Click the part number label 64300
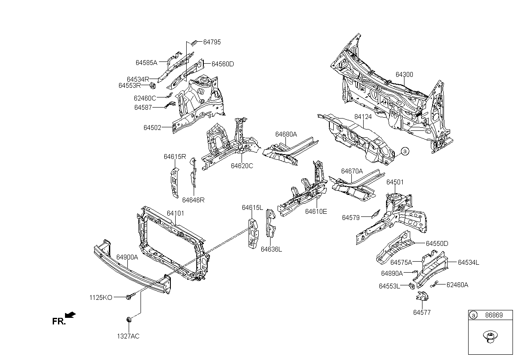[x=404, y=75]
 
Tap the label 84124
[x=363, y=117]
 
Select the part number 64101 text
[x=176, y=213]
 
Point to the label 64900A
[x=127, y=257]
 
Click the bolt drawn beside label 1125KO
[x=131, y=296]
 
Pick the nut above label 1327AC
[x=129, y=320]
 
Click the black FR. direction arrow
[x=70, y=315]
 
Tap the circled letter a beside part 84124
[x=405, y=151]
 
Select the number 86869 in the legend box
[x=494, y=315]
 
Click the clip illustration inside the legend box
[x=490, y=337]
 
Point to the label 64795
[x=212, y=42]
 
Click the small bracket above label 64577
[x=422, y=296]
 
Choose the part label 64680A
[x=286, y=134]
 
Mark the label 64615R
[x=175, y=157]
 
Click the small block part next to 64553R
[x=153, y=86]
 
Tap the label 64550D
[x=437, y=244]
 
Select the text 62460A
[x=457, y=285]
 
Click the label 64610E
[x=316, y=212]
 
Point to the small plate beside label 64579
[x=376, y=214]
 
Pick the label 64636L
[x=271, y=249]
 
